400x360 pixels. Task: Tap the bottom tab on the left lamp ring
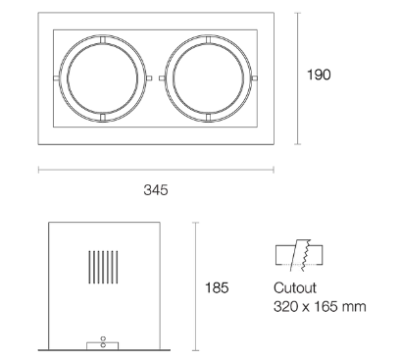tap(101, 119)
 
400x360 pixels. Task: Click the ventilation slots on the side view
tap(103, 269)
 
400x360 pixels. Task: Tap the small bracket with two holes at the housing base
tap(103, 342)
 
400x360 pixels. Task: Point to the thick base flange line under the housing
tap(103, 348)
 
